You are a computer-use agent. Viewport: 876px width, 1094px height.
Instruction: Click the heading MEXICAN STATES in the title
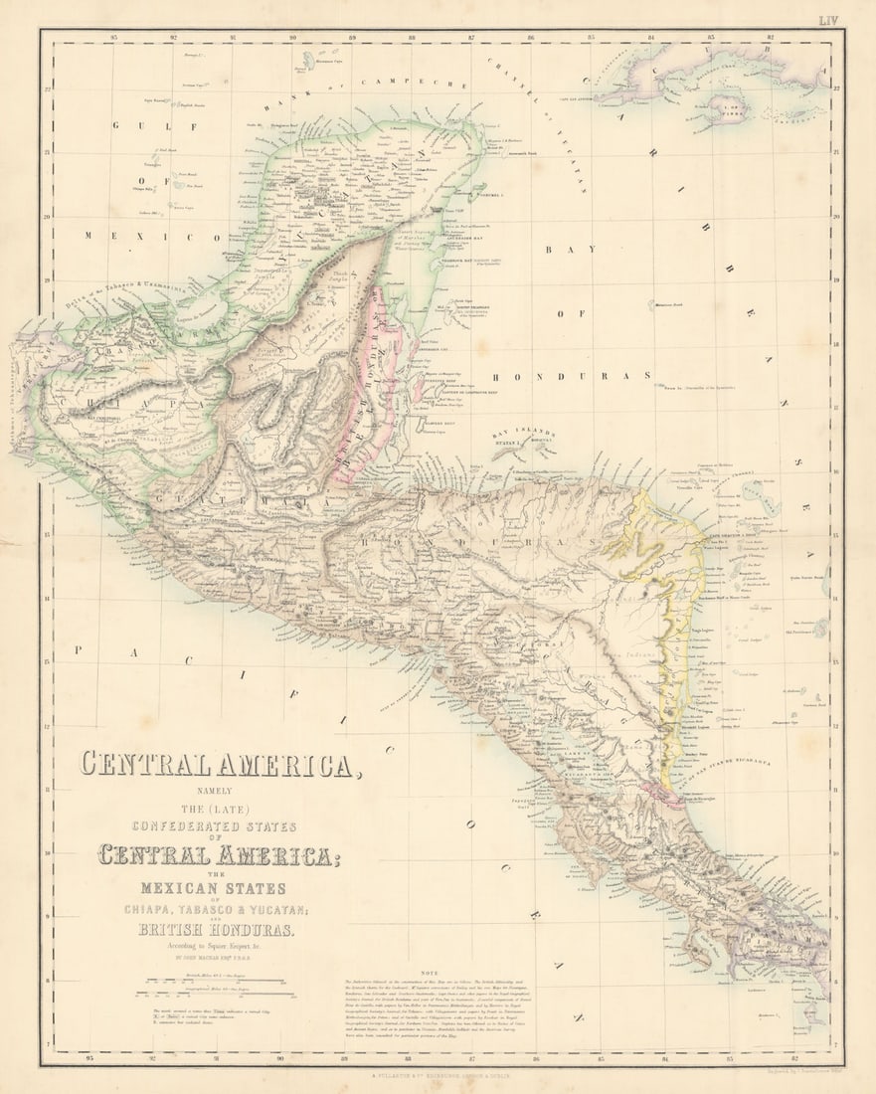point(215,888)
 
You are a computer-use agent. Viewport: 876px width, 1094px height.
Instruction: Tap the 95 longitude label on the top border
point(115,38)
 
